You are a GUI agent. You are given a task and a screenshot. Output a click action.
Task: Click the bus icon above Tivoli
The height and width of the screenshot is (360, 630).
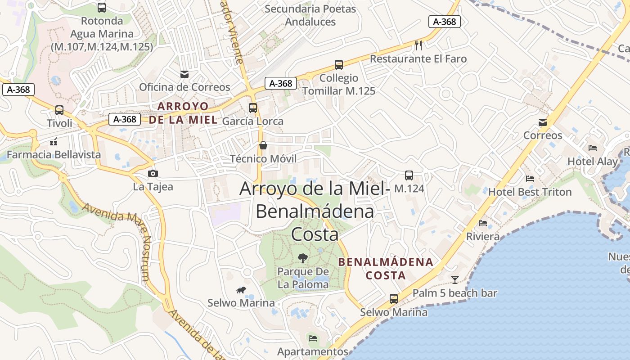[x=59, y=110]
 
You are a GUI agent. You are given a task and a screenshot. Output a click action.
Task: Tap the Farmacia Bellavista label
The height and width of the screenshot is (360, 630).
[x=54, y=155]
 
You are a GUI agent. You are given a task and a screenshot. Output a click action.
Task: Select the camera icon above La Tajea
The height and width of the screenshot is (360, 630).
[x=153, y=173]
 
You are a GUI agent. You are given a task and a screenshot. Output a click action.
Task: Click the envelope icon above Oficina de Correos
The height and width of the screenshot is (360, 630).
[x=184, y=74]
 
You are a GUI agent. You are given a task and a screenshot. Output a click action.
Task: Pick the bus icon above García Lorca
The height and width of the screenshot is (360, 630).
[x=253, y=108]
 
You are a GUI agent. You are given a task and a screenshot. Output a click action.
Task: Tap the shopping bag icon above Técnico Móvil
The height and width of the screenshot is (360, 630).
[x=263, y=145]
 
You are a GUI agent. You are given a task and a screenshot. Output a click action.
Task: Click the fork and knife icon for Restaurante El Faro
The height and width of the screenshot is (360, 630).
[x=419, y=45]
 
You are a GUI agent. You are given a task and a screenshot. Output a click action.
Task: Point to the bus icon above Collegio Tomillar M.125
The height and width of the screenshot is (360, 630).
[x=339, y=65]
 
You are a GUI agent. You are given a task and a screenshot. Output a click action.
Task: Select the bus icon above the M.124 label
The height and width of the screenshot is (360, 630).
[x=409, y=175]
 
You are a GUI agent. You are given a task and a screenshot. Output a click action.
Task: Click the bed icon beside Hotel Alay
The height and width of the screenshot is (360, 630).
[x=593, y=148]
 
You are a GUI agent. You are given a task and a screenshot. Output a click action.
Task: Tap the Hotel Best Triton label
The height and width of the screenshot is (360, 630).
[x=530, y=192]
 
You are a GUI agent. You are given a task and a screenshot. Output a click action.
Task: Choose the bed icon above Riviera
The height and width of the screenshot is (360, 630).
[x=483, y=223]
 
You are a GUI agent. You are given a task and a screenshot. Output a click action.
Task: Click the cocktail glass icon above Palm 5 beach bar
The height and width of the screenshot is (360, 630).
[x=455, y=280]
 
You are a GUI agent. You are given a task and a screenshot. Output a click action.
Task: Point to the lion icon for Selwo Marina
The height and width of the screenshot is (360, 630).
[x=241, y=290]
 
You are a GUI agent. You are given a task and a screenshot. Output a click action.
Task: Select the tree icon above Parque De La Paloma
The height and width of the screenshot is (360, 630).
[x=303, y=258]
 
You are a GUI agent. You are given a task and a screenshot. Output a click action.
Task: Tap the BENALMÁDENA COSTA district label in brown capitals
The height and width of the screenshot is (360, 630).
[x=386, y=268]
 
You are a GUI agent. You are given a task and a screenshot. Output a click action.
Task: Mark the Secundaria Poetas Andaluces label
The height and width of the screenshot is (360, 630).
[x=310, y=15]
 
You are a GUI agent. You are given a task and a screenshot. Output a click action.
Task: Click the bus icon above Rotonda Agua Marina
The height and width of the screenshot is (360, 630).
[x=102, y=7]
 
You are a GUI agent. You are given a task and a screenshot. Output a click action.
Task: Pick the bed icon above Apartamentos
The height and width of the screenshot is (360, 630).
[x=313, y=338]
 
